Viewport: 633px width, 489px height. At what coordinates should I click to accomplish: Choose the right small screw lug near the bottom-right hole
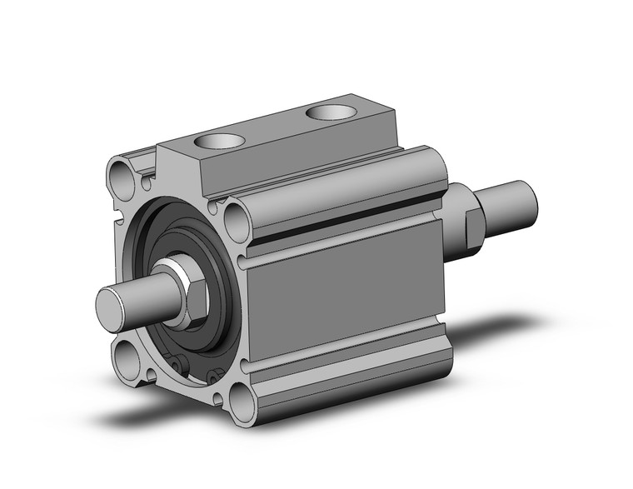point(214,380)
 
